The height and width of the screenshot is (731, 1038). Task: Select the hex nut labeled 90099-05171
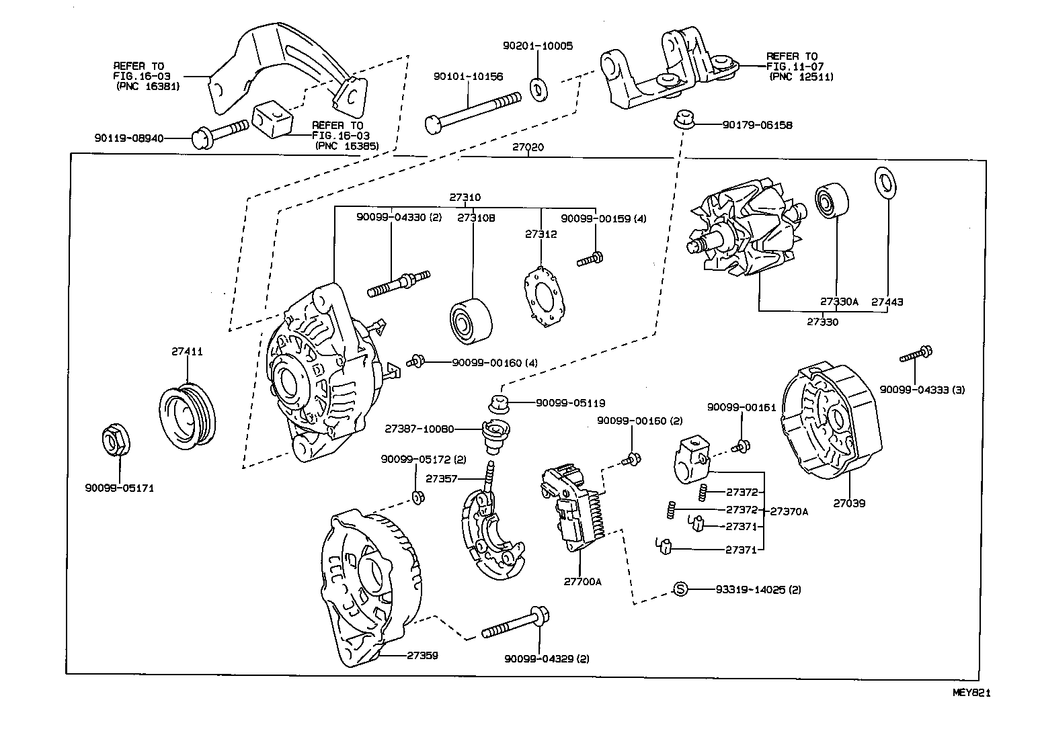click(x=115, y=441)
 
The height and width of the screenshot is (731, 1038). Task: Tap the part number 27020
click(x=528, y=147)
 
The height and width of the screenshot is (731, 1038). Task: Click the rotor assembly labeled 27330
click(x=743, y=232)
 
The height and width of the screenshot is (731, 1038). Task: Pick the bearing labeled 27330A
click(x=833, y=201)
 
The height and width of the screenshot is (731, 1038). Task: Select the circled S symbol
click(x=680, y=589)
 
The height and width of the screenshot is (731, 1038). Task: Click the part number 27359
click(x=422, y=654)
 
